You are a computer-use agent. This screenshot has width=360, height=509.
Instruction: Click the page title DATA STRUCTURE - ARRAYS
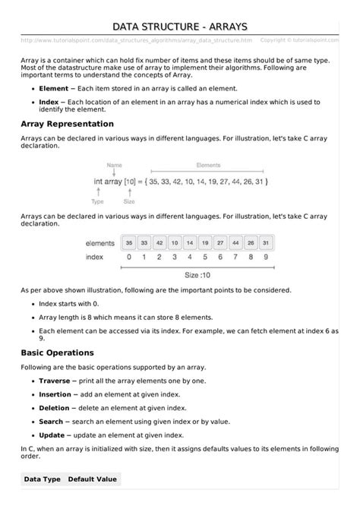click(x=180, y=27)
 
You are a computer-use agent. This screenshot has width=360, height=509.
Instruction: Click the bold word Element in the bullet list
click(x=54, y=89)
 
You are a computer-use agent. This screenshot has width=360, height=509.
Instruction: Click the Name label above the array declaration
click(x=115, y=164)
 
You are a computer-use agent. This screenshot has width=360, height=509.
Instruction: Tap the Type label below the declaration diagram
click(x=98, y=202)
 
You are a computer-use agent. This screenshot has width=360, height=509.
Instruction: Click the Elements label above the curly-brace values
click(x=208, y=164)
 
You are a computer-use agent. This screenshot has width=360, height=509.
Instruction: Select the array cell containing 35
click(x=129, y=243)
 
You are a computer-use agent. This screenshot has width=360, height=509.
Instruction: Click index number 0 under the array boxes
click(x=129, y=258)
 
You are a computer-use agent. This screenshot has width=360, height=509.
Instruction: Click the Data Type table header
click(x=42, y=479)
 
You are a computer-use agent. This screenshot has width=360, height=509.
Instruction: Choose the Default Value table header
click(x=93, y=479)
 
